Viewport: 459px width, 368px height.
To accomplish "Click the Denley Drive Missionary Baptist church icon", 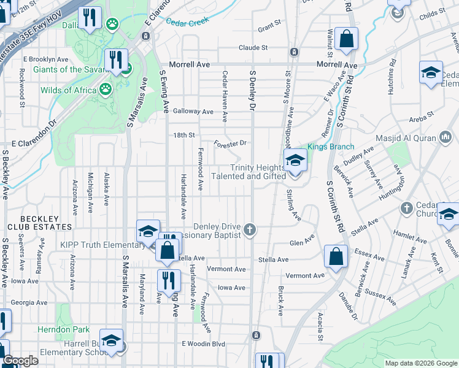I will [x=249, y=230].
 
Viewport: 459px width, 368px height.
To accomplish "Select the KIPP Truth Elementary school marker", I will [x=148, y=232].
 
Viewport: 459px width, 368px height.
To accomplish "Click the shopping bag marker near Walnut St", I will [x=347, y=38].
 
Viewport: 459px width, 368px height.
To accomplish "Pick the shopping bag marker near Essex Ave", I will [x=336, y=256].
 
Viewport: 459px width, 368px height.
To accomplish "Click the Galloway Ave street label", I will [x=193, y=112].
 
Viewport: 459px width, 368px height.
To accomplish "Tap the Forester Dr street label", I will [x=230, y=144].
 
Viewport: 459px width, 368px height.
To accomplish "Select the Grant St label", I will [x=269, y=28].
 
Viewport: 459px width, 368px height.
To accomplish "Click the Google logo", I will [x=20, y=361].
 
